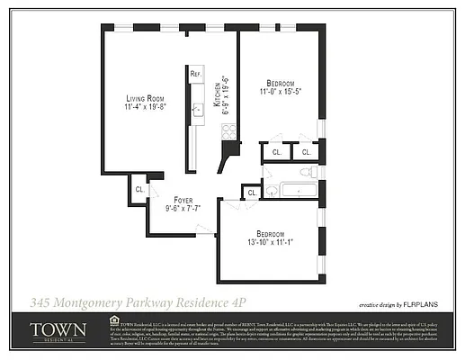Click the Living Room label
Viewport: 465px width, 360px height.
145,98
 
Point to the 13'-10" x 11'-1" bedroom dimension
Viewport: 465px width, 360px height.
268,243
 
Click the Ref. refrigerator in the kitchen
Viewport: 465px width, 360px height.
195,72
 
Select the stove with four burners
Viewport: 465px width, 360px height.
228,130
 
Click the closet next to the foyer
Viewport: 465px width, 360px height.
139,190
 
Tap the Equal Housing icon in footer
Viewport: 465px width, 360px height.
113,319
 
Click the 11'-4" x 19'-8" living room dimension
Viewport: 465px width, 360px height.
145,107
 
